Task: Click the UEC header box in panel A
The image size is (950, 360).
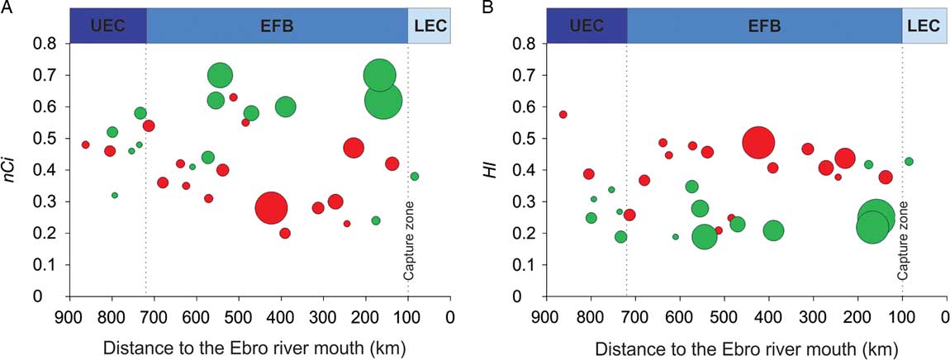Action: [x=108, y=26]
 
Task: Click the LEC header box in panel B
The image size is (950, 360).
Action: [x=923, y=26]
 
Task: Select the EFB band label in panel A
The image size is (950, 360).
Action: [x=277, y=26]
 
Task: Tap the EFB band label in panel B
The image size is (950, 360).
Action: [x=764, y=26]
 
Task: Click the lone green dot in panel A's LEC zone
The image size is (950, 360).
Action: [x=415, y=176]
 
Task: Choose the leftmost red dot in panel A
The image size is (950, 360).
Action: [x=85, y=144]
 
